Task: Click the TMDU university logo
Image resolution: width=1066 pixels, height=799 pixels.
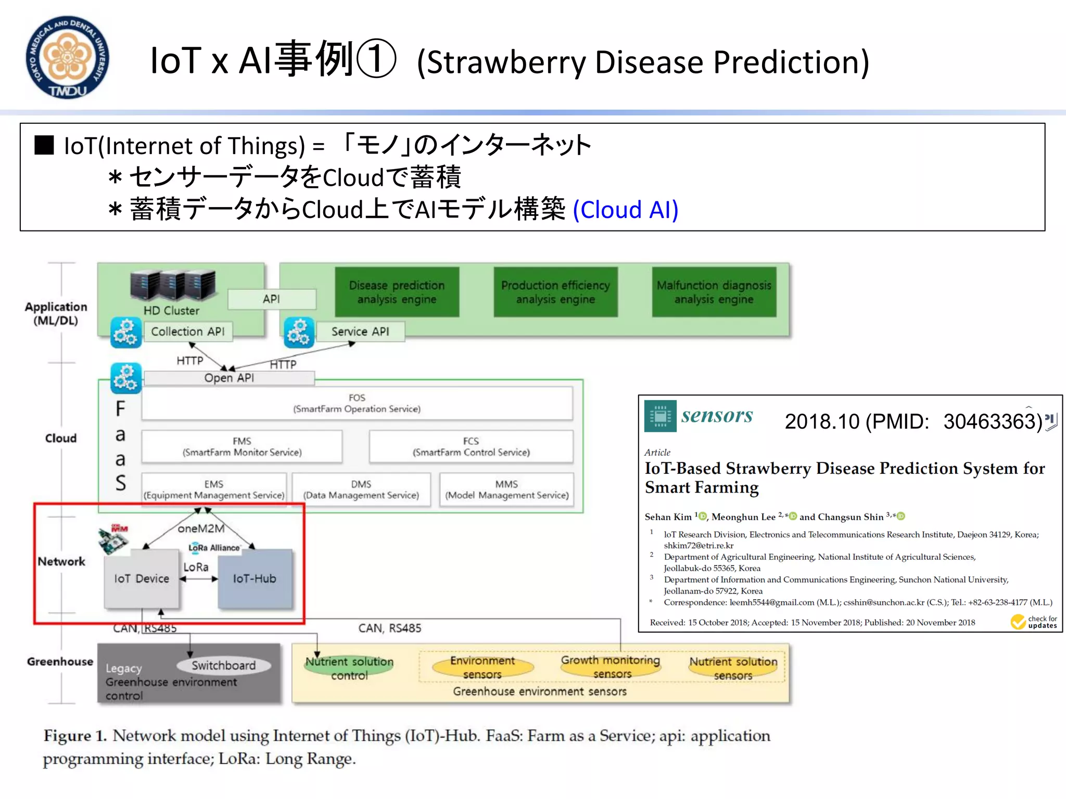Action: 68,57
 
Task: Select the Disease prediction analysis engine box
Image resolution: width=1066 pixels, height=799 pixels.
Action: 397,292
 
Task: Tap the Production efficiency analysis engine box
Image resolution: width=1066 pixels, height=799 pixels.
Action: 555,292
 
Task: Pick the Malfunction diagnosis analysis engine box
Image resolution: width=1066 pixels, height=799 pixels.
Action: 714,292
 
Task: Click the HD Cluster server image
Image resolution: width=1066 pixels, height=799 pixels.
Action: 172,286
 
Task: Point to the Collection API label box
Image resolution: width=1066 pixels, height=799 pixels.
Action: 188,331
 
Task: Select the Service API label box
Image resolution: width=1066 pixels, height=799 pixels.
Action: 360,331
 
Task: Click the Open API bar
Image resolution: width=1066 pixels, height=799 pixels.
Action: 229,378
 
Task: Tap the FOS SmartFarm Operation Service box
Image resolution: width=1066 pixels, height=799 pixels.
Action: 357,403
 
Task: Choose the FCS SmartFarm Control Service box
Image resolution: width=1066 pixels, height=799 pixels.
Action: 471,447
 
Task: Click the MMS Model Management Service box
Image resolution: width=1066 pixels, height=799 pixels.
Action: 506,489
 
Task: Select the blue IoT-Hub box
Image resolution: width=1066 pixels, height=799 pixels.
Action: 255,578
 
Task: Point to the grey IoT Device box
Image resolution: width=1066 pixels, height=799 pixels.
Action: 142,578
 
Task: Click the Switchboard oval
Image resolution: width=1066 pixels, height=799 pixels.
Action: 223,665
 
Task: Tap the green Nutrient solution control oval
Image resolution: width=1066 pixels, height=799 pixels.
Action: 349,668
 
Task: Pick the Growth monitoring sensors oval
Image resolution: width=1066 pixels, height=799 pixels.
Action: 611,666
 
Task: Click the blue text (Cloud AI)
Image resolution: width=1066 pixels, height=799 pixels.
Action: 626,210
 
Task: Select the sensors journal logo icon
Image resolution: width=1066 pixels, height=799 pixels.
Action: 660,416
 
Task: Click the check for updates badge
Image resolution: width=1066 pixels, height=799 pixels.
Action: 1034,622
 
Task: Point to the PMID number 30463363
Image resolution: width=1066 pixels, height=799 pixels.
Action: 992,422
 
